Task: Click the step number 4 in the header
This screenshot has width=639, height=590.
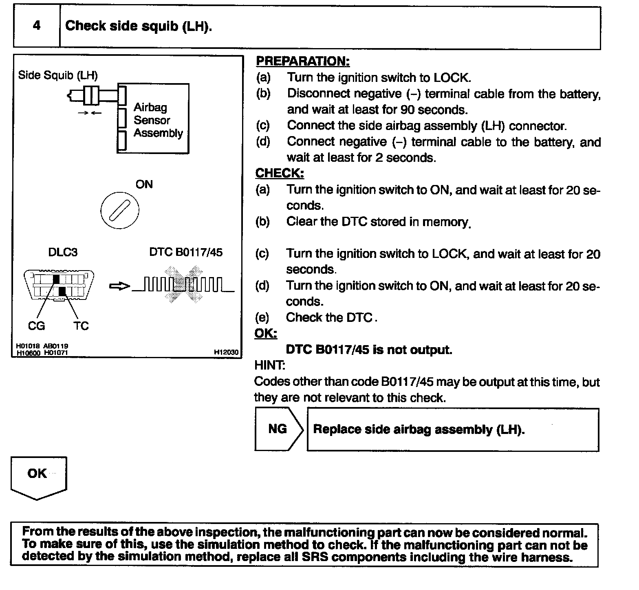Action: (x=37, y=26)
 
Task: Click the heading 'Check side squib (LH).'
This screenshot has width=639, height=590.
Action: (x=139, y=26)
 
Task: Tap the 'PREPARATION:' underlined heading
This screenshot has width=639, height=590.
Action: (x=302, y=61)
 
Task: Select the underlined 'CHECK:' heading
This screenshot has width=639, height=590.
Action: (x=280, y=173)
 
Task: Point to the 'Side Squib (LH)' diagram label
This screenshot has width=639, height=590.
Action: (x=58, y=75)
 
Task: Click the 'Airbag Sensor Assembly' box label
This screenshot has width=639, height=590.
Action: (x=158, y=120)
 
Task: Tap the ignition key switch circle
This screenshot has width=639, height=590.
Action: (x=119, y=211)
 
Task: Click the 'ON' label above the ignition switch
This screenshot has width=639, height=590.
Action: (x=144, y=185)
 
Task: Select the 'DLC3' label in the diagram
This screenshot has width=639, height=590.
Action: (x=63, y=252)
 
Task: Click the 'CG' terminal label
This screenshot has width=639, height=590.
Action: (x=36, y=326)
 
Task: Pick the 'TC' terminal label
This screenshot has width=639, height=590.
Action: (x=81, y=326)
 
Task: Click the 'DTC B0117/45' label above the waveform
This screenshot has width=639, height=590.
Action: (x=186, y=252)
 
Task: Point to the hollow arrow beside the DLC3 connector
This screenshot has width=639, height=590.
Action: (x=119, y=286)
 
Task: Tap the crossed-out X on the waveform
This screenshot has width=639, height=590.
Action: (x=183, y=284)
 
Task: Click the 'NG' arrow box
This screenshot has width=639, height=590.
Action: (x=278, y=429)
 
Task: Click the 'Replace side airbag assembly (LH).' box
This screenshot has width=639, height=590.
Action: (x=452, y=429)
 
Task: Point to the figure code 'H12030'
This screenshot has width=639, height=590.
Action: (x=227, y=352)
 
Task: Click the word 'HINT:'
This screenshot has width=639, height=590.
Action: (x=269, y=365)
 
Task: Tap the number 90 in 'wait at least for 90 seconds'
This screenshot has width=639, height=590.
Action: (x=408, y=110)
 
